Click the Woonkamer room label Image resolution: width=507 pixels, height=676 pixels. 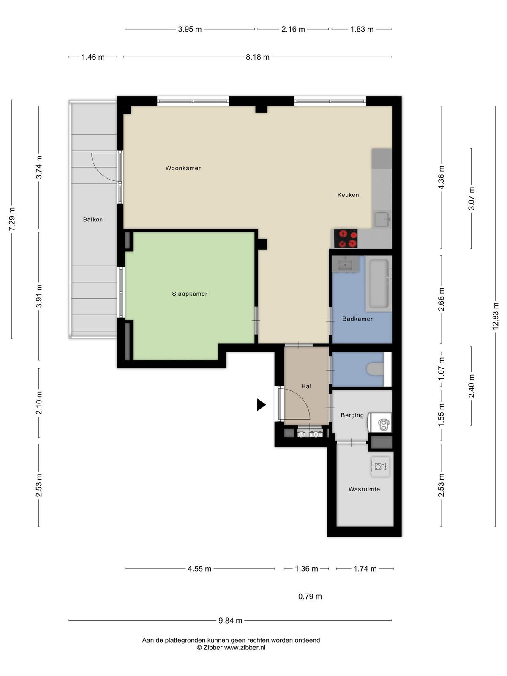[x=183, y=168]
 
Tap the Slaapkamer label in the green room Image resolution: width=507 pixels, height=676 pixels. [x=190, y=294]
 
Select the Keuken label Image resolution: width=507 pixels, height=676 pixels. [x=348, y=195]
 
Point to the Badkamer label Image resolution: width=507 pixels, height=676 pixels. [x=357, y=319]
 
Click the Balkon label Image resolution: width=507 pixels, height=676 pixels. [x=93, y=220]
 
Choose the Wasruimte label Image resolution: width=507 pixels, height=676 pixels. [x=364, y=489]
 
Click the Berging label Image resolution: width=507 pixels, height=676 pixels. [x=352, y=415]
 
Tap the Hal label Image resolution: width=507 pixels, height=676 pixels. [x=306, y=386]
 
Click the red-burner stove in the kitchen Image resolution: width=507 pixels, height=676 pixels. [x=346, y=239]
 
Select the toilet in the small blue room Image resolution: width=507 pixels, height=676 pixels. [x=375, y=369]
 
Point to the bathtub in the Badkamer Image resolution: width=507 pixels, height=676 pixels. [x=379, y=283]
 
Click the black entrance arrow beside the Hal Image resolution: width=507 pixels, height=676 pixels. [x=261, y=405]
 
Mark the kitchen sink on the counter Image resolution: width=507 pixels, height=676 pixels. [x=382, y=219]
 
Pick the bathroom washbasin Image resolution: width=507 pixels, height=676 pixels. [x=345, y=264]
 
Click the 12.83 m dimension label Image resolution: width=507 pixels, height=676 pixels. [x=495, y=316]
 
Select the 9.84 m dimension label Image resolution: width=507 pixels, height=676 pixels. [x=230, y=621]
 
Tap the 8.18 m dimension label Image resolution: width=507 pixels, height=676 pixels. [x=258, y=57]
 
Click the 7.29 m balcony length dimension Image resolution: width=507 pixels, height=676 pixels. [x=12, y=219]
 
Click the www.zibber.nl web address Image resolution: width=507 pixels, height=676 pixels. [x=245, y=647]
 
